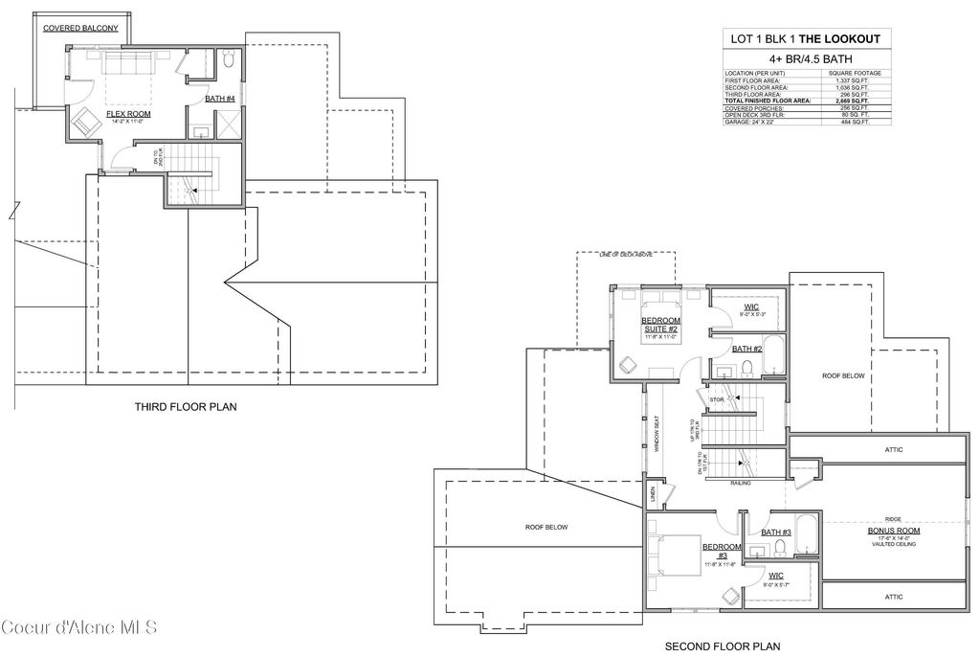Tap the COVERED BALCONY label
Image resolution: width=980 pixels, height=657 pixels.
pyautogui.click(x=80, y=29)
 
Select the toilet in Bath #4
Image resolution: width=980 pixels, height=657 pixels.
pyautogui.click(x=228, y=61)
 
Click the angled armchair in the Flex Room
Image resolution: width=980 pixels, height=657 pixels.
pyautogui.click(x=86, y=124)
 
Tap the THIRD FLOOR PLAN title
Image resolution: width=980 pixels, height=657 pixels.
pyautogui.click(x=186, y=407)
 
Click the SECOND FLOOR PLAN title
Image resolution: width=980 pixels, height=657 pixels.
pyautogui.click(x=722, y=646)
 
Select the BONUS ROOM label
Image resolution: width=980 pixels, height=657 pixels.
pyautogui.click(x=894, y=530)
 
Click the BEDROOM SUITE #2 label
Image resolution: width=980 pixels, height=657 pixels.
pyautogui.click(x=660, y=325)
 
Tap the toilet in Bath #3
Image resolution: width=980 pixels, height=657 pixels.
pyautogui.click(x=780, y=548)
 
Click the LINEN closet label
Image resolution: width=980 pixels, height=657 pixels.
pyautogui.click(x=654, y=492)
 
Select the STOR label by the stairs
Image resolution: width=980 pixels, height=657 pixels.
pyautogui.click(x=717, y=399)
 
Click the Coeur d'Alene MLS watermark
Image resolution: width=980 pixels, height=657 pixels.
pyautogui.click(x=78, y=628)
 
